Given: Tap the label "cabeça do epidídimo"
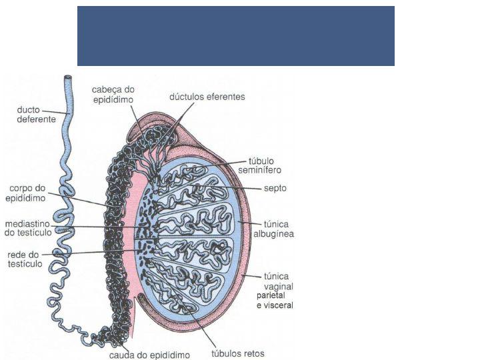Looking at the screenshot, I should click(x=113, y=94).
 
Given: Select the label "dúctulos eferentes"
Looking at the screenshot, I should click(x=207, y=97).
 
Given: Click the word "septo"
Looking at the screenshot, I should click(x=275, y=189).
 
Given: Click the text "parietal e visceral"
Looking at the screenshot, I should click(x=275, y=300).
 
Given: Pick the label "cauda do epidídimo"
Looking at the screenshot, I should click(x=150, y=355).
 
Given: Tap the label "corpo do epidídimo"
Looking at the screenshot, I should click(x=26, y=193).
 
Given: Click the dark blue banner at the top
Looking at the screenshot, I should click(x=236, y=36).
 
